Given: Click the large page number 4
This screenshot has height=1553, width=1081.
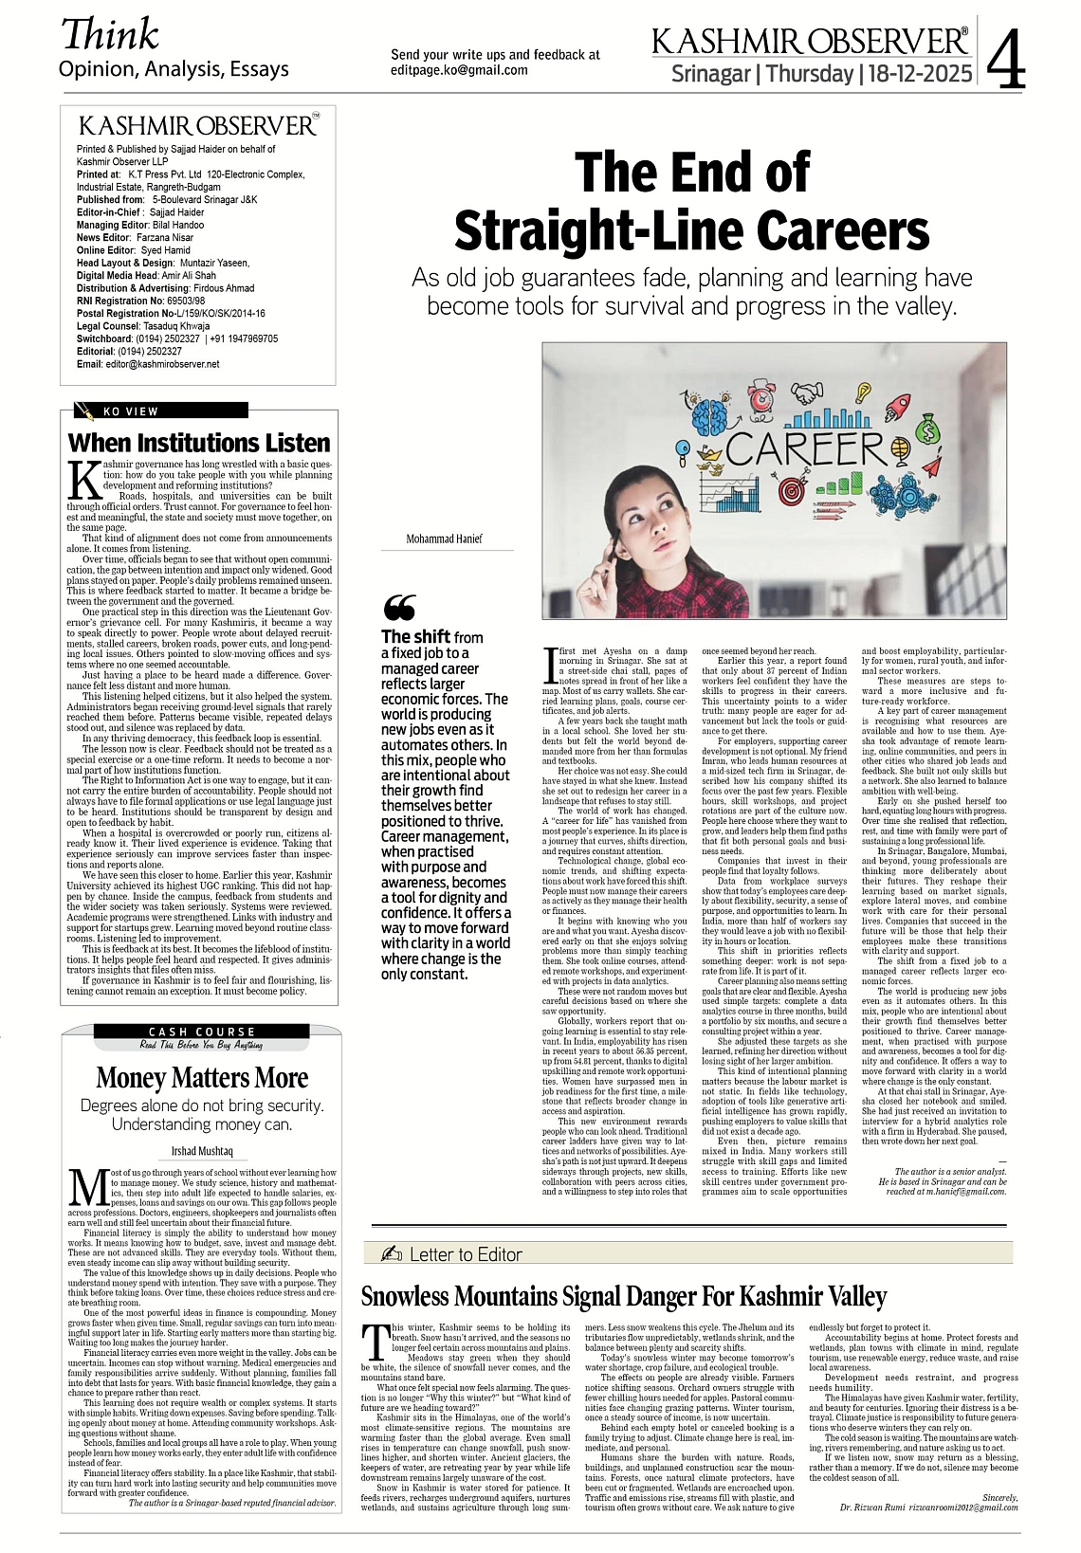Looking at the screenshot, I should coord(1007,60).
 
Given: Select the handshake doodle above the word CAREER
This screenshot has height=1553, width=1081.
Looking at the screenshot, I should coord(807,392).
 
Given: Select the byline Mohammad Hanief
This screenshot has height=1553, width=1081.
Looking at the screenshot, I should coord(444,539).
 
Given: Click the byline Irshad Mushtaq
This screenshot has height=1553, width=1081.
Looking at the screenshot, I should coord(202,1151).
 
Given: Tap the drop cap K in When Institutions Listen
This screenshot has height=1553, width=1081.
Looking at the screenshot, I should coord(84,480).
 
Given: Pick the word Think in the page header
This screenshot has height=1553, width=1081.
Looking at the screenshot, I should coord(110,34).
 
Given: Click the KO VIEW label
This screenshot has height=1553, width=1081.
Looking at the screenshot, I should coord(130,411).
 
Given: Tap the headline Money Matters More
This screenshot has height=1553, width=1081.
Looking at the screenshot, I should coord(202,1078).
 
